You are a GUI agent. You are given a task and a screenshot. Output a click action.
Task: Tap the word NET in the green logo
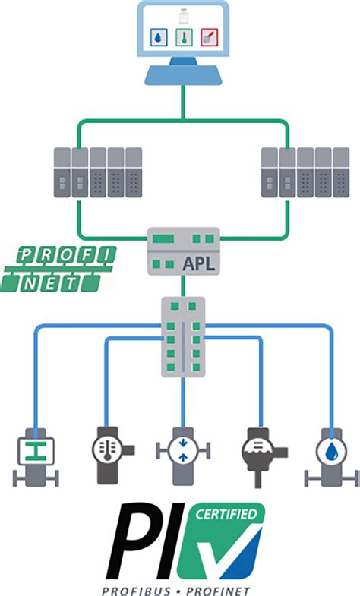coord(58,282)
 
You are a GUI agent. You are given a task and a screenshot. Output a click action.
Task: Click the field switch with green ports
coord(182,336)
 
